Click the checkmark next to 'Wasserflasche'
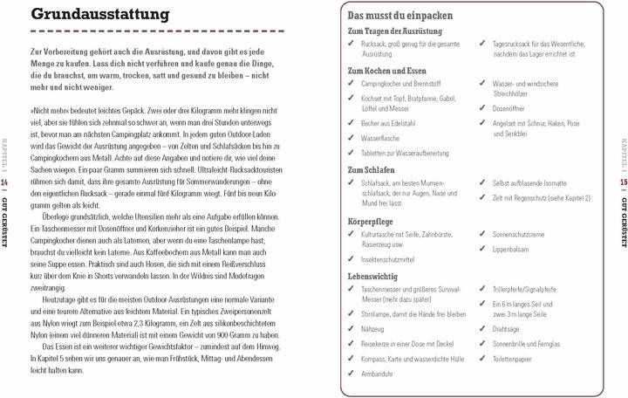coord(351,138)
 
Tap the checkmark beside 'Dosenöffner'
coord(482,109)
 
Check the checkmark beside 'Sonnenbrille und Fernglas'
coord(482,345)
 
